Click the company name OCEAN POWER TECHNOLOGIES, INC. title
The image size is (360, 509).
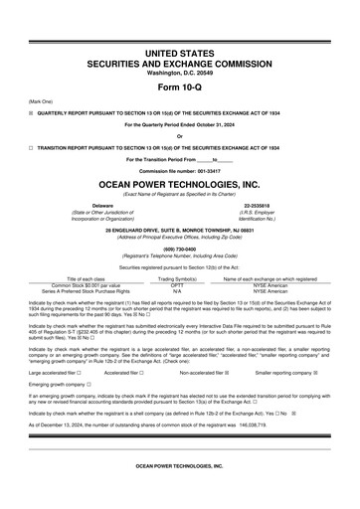click(180, 185)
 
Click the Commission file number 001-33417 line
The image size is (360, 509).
click(180, 171)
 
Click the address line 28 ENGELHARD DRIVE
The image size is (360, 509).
click(180, 231)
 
